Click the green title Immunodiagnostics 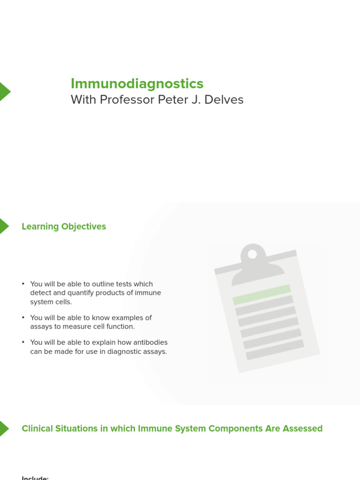point(137,83)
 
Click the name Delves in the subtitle point(226,100)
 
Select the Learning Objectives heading point(64,226)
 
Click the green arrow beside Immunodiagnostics point(4,91)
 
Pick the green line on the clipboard point(262,294)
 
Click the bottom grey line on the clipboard point(275,350)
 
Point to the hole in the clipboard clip point(252,254)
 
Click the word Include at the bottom point(35,478)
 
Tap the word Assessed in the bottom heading point(303,428)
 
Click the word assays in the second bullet point(41,327)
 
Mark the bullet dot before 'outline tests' point(23,284)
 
